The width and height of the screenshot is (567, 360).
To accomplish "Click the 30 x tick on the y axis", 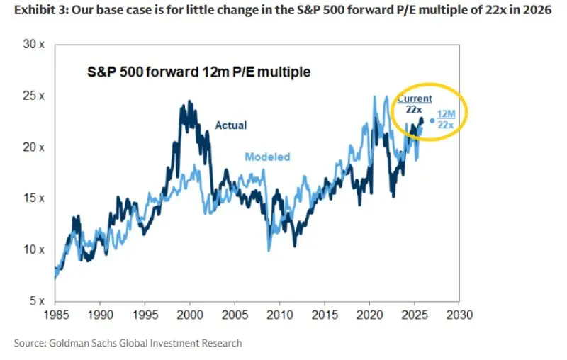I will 35,44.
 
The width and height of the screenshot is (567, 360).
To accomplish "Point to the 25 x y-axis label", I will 35,96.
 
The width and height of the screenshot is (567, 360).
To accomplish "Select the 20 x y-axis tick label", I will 35,147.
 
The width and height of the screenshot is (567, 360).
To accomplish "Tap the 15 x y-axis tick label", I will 35,198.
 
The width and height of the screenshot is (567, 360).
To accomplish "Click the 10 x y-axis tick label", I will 35,249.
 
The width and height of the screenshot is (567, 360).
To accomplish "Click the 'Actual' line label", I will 231,125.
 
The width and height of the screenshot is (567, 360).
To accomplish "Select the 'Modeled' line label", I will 267,157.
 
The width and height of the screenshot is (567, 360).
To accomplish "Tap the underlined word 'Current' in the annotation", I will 415,99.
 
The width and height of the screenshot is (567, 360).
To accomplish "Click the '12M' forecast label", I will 447,113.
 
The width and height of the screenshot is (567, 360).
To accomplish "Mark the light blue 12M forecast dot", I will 432,120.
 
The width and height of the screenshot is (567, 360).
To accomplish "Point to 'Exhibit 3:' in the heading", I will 33,11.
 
